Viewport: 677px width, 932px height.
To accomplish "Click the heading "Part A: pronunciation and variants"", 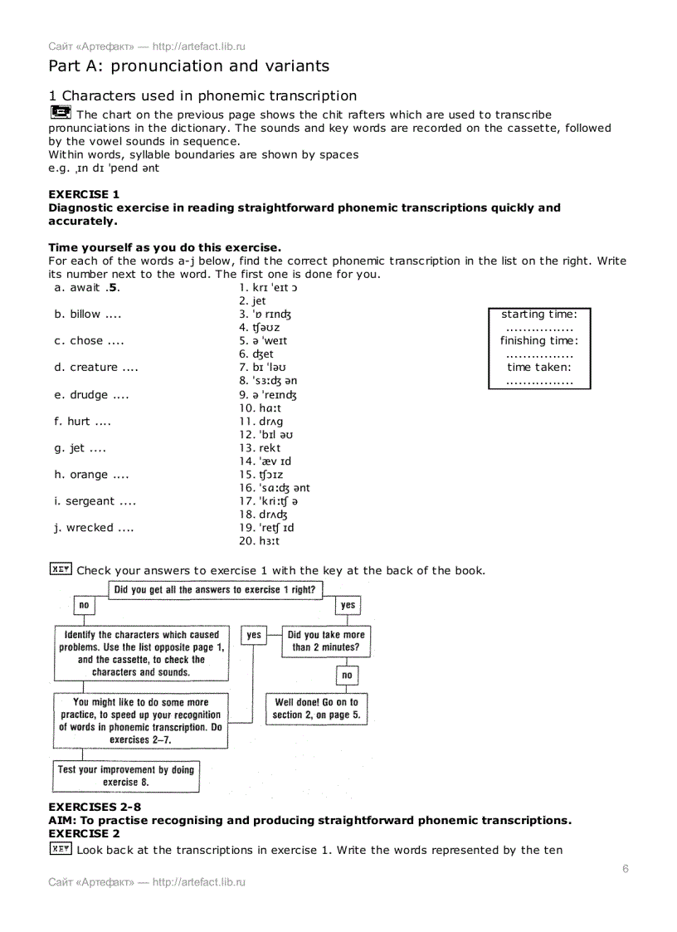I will pos(188,66).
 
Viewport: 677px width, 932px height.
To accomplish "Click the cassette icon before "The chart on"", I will pos(60,113).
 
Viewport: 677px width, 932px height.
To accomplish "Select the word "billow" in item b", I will pos(85,315).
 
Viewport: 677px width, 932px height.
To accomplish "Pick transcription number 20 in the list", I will pos(259,541).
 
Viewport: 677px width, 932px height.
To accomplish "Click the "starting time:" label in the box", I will pos(539,315).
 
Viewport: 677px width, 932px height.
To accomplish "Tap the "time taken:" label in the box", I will pos(539,368).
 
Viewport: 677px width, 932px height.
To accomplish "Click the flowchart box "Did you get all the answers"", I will pos(215,590).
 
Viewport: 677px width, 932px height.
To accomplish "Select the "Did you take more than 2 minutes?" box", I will pos(325,641).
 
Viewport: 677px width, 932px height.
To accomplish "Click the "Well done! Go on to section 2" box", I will pos(315,709).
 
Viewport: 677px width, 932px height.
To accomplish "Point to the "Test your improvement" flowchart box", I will pos(126,776).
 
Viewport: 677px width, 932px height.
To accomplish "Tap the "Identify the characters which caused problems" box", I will pos(141,653).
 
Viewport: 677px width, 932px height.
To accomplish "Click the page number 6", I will pos(625,869).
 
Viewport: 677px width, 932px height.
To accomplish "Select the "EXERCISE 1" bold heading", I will pos(84,195).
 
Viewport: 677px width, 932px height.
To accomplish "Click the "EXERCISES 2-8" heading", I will pos(88,808).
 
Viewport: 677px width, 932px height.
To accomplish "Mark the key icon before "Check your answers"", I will pos(60,569).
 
